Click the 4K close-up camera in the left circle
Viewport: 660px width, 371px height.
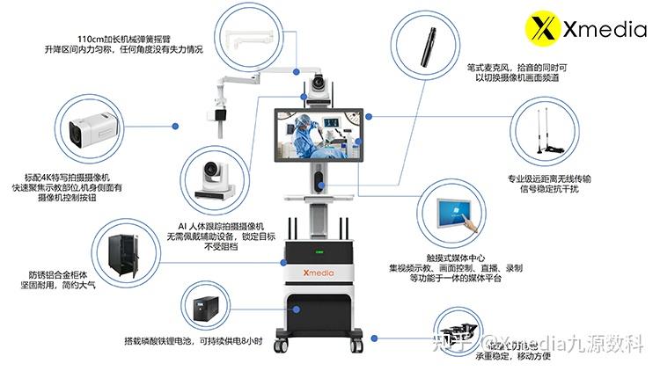(88, 128)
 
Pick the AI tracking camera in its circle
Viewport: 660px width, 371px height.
(213, 175)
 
